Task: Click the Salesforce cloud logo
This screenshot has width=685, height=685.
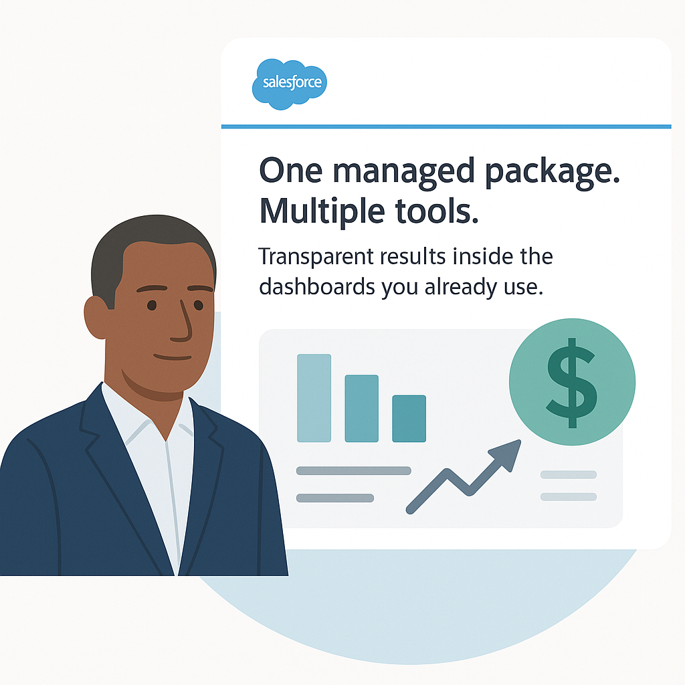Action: [289, 84]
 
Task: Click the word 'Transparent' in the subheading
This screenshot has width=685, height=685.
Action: [316, 258]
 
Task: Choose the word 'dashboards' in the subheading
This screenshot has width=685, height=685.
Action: [316, 287]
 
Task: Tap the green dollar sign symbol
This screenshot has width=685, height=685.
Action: [571, 383]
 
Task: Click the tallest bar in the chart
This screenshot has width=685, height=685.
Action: [314, 398]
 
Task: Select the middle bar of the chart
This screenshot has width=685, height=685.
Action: [362, 409]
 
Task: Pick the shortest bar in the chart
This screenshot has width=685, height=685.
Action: [409, 419]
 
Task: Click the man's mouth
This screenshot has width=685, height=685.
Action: [173, 357]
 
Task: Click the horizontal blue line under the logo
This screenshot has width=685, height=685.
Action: [446, 126]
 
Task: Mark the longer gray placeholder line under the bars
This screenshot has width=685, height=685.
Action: [353, 470]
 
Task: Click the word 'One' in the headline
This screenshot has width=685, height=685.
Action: [291, 171]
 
